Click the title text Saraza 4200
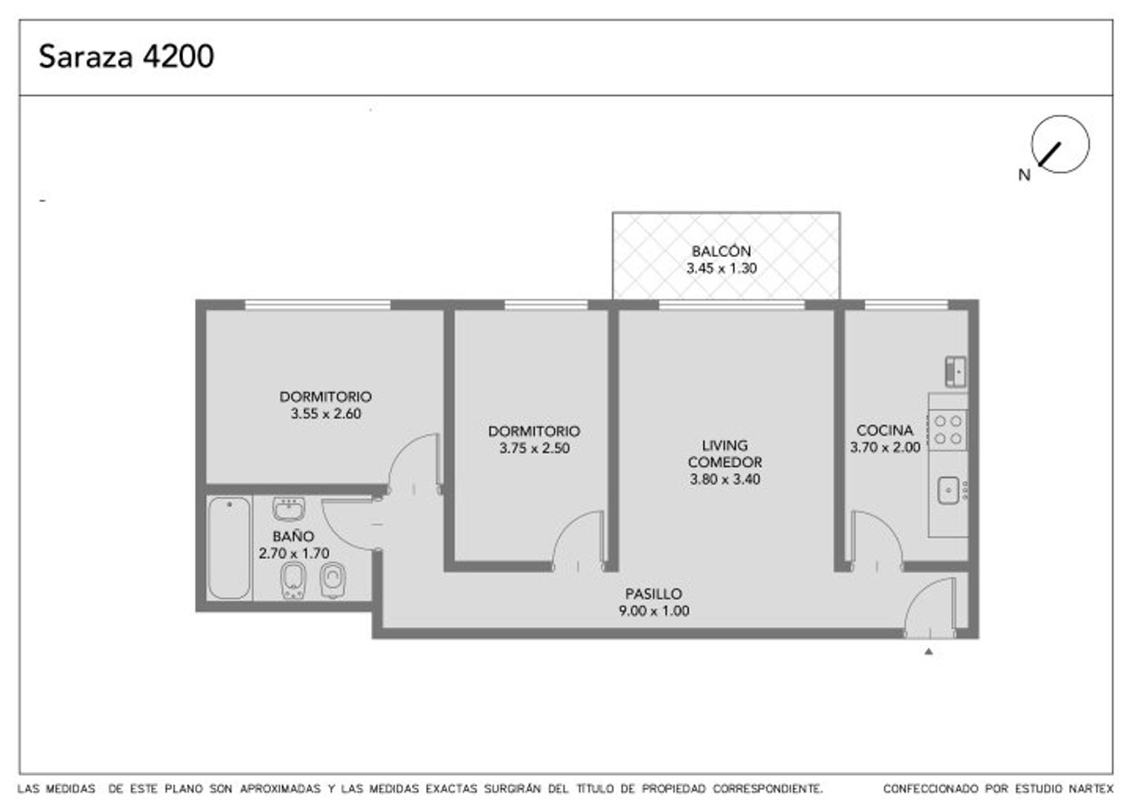(x=126, y=56)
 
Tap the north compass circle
(x=1060, y=144)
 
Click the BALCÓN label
(x=721, y=251)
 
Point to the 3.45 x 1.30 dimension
(x=721, y=268)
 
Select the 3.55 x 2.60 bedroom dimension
(x=326, y=414)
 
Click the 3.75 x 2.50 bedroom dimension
(x=534, y=448)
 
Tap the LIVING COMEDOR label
(x=725, y=453)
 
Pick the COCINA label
(x=885, y=430)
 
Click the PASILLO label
(x=653, y=593)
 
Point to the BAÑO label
(x=293, y=536)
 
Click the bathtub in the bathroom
(x=229, y=547)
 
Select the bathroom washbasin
(x=288, y=509)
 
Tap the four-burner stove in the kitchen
(x=948, y=430)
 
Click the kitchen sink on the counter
(x=948, y=490)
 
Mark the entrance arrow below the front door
(x=928, y=652)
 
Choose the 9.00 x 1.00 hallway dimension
(x=653, y=611)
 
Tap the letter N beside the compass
(x=1024, y=176)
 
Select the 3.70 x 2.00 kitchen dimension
(x=885, y=447)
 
